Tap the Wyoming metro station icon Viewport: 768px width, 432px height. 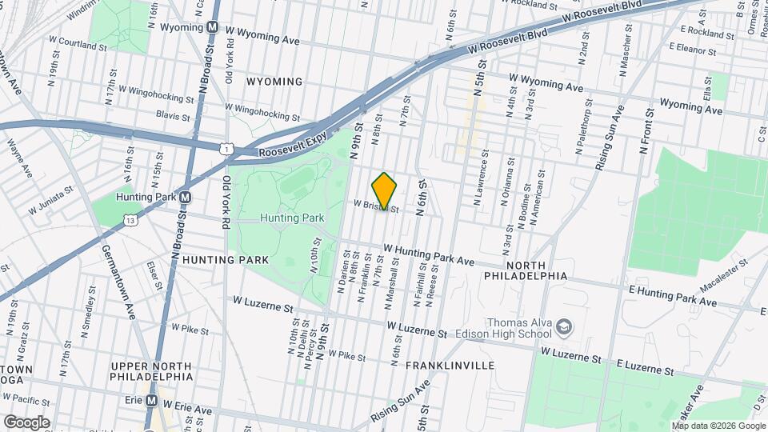coord(213,26)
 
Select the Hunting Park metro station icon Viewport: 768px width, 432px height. coord(186,197)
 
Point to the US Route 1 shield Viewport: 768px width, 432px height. coord(227,147)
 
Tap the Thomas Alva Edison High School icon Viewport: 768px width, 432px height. coord(565,326)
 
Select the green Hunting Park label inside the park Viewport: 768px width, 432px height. coord(291,218)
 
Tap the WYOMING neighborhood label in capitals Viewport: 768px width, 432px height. coord(274,82)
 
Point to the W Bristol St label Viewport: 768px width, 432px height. coord(376,205)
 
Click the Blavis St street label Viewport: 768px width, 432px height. coord(173,116)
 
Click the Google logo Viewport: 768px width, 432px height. coord(26,422)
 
